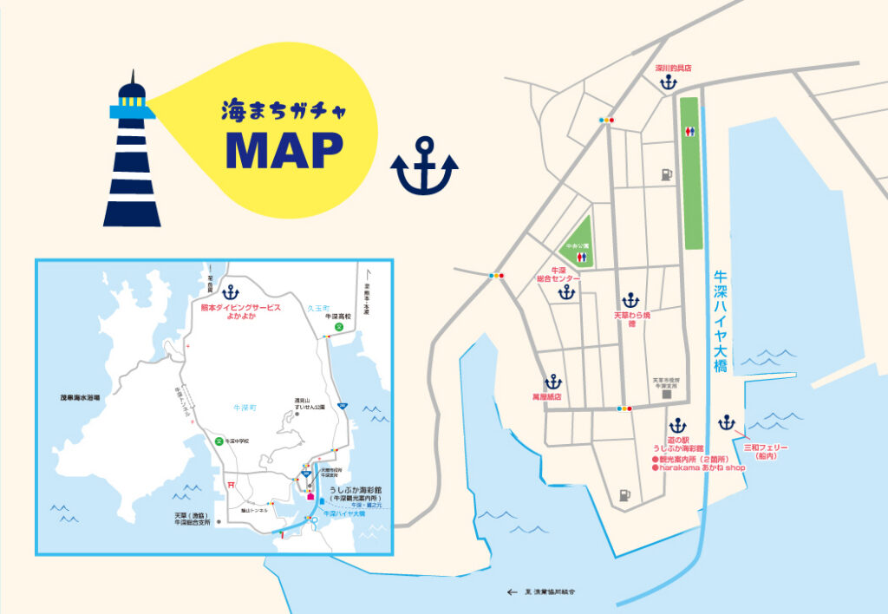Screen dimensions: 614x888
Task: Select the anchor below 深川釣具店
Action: point(668,83)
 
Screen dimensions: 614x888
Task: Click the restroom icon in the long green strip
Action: point(689,131)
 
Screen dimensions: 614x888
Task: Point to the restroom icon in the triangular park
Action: point(578,258)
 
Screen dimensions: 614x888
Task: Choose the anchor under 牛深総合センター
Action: point(566,292)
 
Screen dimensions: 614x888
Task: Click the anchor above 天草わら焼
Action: point(630,300)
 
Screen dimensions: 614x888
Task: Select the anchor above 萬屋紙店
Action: point(553,381)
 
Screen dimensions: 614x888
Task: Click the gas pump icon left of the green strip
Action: point(665,174)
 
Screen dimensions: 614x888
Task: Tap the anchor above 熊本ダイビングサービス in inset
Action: point(230,292)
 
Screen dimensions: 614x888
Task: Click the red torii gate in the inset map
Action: point(231,484)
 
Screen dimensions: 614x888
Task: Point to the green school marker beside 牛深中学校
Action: point(219,441)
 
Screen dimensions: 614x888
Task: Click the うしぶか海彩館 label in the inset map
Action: point(356,490)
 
